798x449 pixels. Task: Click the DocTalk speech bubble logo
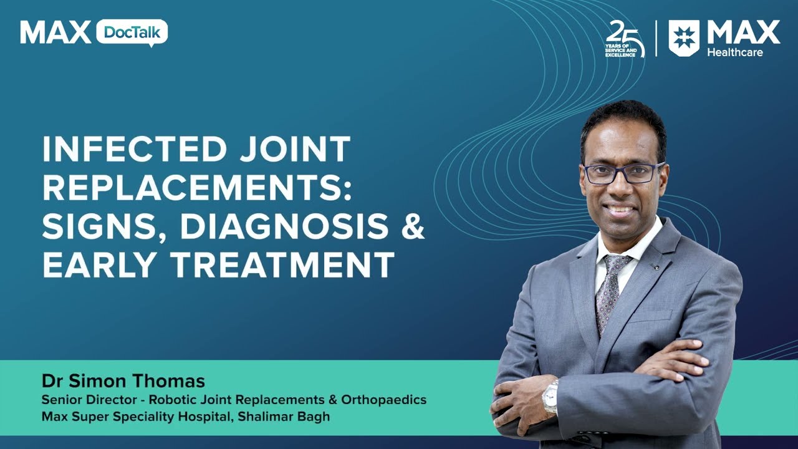pyautogui.click(x=132, y=32)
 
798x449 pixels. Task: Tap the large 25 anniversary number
pyautogui.click(x=624, y=34)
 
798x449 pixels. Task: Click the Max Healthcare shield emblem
pyautogui.click(x=684, y=37)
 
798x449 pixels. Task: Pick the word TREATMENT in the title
pyautogui.click(x=284, y=264)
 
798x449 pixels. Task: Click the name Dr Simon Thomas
pyautogui.click(x=123, y=381)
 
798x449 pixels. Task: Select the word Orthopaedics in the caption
pyautogui.click(x=390, y=400)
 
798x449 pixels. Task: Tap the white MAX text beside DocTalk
pyautogui.click(x=55, y=32)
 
